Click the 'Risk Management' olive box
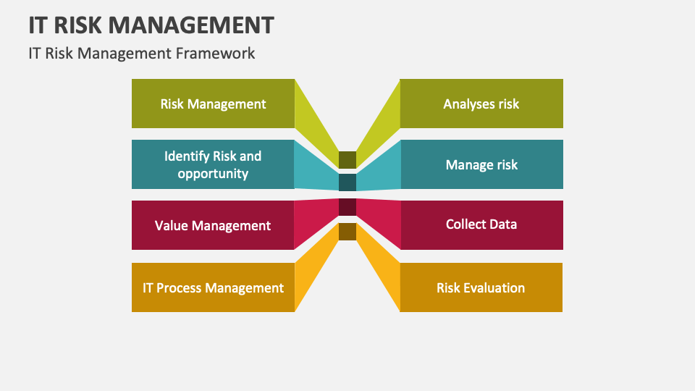click(x=213, y=104)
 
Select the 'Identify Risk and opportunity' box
click(x=213, y=164)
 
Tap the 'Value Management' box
click(x=213, y=225)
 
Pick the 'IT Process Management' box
click(x=213, y=287)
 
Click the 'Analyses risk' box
click(x=481, y=104)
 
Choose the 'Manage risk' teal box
click(x=481, y=164)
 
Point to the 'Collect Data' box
click(x=481, y=224)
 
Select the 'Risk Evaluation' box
click(x=481, y=287)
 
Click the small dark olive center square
click(x=347, y=160)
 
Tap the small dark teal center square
click(x=347, y=182)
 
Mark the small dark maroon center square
click(x=347, y=207)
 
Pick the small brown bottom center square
click(x=347, y=232)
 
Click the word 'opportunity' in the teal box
click(x=213, y=174)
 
